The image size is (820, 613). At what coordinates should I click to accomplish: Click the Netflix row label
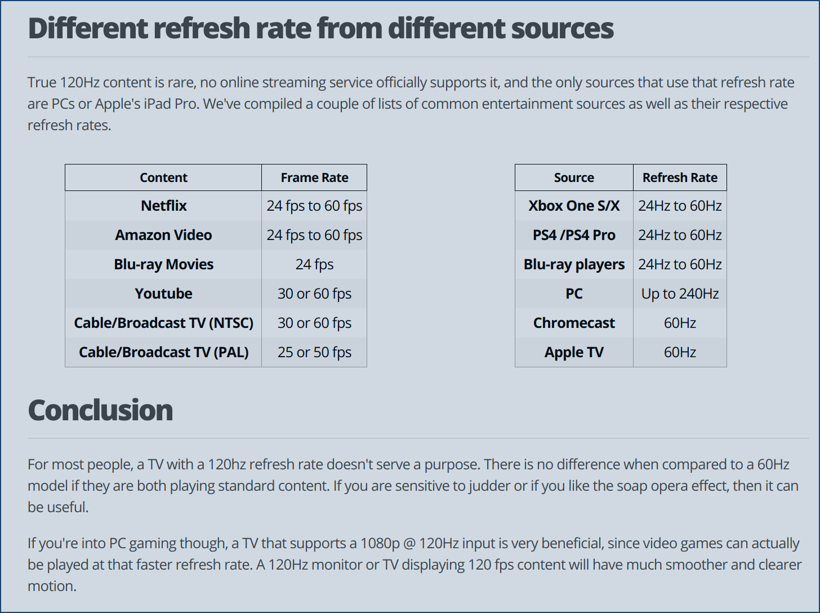point(163,206)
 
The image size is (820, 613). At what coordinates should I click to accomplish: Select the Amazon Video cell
point(163,235)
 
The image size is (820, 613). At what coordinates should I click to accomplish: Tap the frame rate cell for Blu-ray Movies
point(314,264)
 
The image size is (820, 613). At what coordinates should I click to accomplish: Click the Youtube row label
point(163,294)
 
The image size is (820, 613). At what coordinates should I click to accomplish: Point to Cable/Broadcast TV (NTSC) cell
point(163,323)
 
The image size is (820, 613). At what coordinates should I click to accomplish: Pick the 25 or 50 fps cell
point(314,352)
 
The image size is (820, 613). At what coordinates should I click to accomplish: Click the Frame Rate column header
point(314,177)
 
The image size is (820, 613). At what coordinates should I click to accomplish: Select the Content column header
point(163,177)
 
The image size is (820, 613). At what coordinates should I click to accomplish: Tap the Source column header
point(574,177)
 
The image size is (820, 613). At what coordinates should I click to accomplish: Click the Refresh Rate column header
point(680,177)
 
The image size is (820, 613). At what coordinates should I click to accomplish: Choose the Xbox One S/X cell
point(574,206)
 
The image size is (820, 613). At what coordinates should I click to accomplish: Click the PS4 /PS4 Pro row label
point(574,235)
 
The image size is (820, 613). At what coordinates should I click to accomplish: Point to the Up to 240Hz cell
point(680,294)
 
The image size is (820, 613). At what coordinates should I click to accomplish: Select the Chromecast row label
point(574,323)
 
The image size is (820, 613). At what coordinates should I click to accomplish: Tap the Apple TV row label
point(574,352)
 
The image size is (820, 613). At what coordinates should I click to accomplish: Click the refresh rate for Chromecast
point(680,323)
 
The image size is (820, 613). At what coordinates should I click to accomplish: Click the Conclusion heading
point(100,410)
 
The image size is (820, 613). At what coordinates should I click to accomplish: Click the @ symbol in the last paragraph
point(409,544)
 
